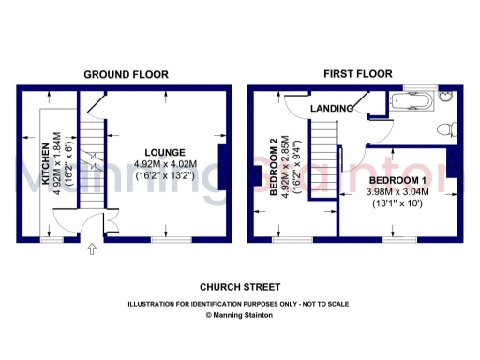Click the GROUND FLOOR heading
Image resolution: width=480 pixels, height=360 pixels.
[126, 74]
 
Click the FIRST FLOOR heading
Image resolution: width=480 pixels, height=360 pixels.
[357, 73]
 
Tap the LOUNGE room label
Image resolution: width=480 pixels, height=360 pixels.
[164, 152]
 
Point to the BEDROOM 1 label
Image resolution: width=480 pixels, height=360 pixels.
[397, 179]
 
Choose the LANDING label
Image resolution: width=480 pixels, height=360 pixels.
[330, 108]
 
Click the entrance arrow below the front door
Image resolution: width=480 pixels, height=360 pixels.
[91, 249]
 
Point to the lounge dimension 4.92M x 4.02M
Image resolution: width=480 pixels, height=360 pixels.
[164, 164]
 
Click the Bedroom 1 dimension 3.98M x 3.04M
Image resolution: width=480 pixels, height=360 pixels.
[397, 191]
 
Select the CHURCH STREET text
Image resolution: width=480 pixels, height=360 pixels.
[240, 287]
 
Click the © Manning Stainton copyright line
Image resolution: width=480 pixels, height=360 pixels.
[240, 316]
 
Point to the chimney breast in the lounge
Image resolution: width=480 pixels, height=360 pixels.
[222, 163]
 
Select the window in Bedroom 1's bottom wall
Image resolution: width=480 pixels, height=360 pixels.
[398, 239]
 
